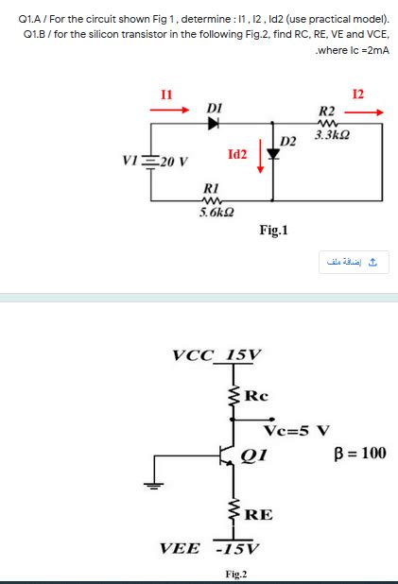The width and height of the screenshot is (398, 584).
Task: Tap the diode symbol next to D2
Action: (274, 155)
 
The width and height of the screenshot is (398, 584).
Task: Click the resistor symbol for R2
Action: (328, 121)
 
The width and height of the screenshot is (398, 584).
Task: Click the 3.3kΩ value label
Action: (330, 134)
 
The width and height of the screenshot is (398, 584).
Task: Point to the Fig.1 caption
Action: (273, 230)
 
